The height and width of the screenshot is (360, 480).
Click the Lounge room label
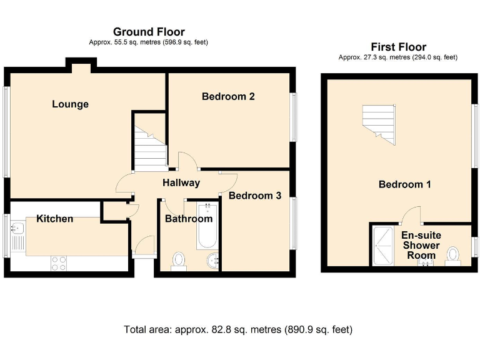click(x=70, y=104)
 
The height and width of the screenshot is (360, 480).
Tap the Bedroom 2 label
click(x=227, y=96)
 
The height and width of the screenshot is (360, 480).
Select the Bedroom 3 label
click(x=254, y=196)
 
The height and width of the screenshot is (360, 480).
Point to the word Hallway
click(x=181, y=182)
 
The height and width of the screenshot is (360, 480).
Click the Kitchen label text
click(x=54, y=219)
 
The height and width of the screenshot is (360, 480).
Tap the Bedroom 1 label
click(x=404, y=184)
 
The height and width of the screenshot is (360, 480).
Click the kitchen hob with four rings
click(x=59, y=263)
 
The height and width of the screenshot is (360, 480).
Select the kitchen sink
click(x=17, y=232)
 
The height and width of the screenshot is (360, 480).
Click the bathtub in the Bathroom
click(x=206, y=225)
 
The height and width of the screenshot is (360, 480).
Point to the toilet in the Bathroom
click(x=179, y=260)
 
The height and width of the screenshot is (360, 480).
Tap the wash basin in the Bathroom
click(x=212, y=260)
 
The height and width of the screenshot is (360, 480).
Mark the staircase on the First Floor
click(x=379, y=122)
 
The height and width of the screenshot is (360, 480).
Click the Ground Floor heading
click(x=148, y=32)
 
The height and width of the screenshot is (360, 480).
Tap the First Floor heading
click(x=398, y=47)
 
